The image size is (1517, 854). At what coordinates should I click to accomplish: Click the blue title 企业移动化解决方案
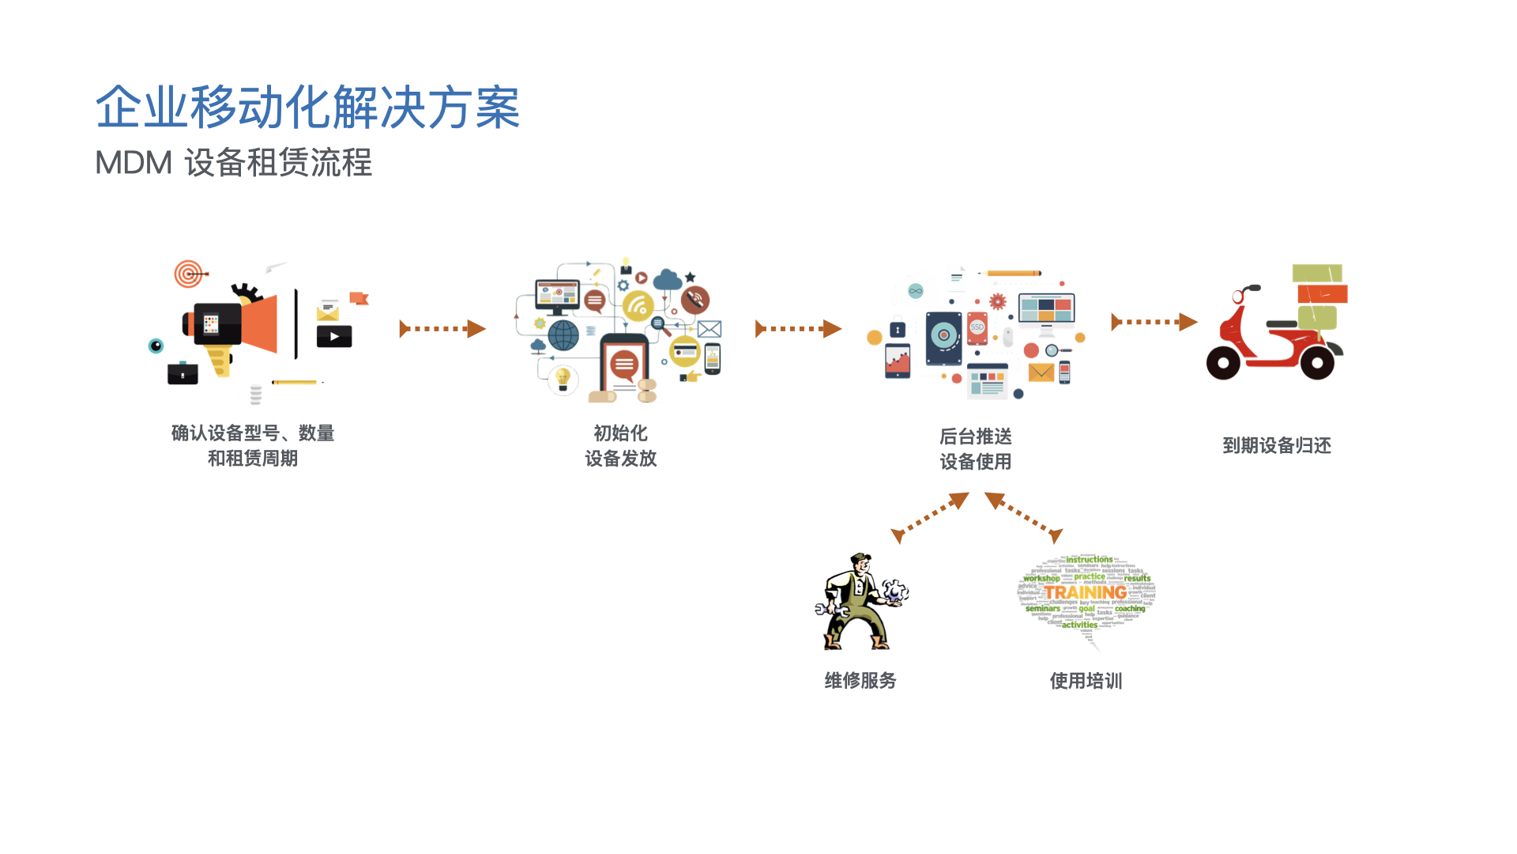pyautogui.click(x=307, y=108)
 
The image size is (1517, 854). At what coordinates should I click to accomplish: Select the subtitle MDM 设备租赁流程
pyautogui.click(x=233, y=163)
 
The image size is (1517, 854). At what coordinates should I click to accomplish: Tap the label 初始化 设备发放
pyautogui.click(x=621, y=446)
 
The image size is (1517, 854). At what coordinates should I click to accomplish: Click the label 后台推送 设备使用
pyautogui.click(x=976, y=449)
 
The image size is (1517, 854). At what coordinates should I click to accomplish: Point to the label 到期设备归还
pyautogui.click(x=1277, y=446)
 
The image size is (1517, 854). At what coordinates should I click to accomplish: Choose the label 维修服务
pyautogui.click(x=860, y=681)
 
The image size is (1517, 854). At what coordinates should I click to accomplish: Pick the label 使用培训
pyautogui.click(x=1086, y=681)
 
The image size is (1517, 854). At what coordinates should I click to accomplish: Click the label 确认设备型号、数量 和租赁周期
pyautogui.click(x=253, y=446)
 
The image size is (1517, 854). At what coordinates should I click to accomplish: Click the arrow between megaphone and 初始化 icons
pyautogui.click(x=442, y=329)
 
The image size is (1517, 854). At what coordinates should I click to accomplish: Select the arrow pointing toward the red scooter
pyautogui.click(x=1154, y=322)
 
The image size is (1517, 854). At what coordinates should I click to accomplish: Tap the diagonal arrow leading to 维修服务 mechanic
pyautogui.click(x=930, y=518)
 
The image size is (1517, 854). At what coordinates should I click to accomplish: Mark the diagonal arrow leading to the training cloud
pyautogui.click(x=1024, y=517)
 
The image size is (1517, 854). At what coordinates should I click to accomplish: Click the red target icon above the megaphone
pyautogui.click(x=188, y=274)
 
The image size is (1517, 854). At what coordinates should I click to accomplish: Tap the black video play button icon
pyautogui.click(x=334, y=337)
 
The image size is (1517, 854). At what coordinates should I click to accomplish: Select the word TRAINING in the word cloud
pyautogui.click(x=1086, y=592)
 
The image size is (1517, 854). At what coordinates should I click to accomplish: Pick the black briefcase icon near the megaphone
pyautogui.click(x=183, y=373)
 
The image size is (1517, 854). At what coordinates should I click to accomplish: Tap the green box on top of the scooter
pyautogui.click(x=1317, y=274)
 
